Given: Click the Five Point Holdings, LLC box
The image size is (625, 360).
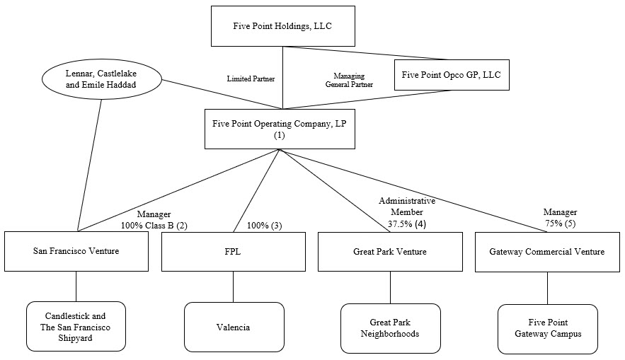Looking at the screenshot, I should pyautogui.click(x=282, y=26).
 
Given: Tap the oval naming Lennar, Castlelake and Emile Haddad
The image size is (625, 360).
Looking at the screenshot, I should pyautogui.click(x=101, y=79).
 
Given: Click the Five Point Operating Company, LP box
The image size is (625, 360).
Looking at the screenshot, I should pyautogui.click(x=280, y=129).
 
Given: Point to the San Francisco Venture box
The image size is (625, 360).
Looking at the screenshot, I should pyautogui.click(x=76, y=251).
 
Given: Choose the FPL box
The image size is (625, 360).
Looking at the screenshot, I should pyautogui.click(x=233, y=251).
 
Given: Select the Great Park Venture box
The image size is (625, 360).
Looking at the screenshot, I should pyautogui.click(x=390, y=251).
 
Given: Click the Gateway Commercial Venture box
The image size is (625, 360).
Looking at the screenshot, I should pyautogui.click(x=547, y=251).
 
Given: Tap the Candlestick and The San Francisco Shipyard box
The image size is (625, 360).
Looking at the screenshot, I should pyautogui.click(x=76, y=327).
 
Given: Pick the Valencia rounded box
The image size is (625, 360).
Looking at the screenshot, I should pyautogui.click(x=234, y=327).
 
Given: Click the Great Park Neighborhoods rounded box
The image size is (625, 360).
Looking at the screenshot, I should pyautogui.click(x=390, y=327).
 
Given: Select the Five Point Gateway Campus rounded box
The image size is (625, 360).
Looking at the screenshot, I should pyautogui.click(x=547, y=328).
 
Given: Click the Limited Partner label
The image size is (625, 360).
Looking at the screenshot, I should pyautogui.click(x=251, y=79).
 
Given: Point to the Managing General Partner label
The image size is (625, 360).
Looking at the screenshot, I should pyautogui.click(x=349, y=80).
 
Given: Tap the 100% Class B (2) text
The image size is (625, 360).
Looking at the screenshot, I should pyautogui.click(x=153, y=225).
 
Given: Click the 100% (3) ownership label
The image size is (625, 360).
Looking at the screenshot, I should pyautogui.click(x=264, y=225).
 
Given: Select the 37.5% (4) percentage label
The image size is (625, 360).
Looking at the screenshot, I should pyautogui.click(x=406, y=224).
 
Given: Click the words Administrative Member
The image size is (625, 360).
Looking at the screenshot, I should pyautogui.click(x=406, y=207).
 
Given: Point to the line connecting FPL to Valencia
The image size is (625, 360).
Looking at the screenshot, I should pyautogui.click(x=233, y=287).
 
